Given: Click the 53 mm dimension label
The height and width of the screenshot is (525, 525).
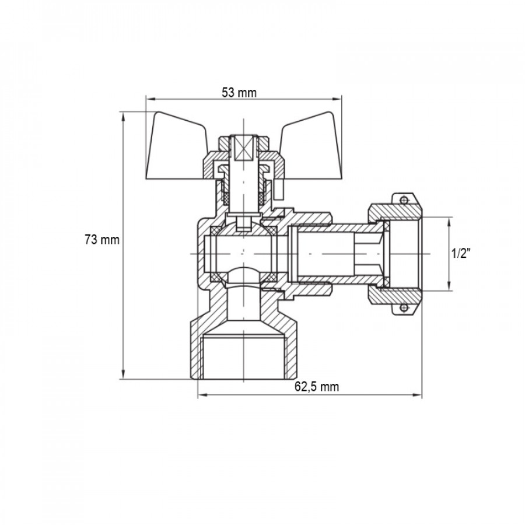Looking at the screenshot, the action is point(239,92).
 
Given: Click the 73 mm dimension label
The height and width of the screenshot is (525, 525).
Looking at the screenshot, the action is point(101,240).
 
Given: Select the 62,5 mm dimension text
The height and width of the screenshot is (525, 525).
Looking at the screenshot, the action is point(316,387).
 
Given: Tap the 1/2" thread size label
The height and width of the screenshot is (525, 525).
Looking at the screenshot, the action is point(461,254).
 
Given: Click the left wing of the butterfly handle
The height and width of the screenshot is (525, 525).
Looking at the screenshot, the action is point(176,146).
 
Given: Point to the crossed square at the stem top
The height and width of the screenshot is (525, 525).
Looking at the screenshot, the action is point(244,149).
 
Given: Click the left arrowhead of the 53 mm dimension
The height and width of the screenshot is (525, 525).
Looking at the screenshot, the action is point(150,99).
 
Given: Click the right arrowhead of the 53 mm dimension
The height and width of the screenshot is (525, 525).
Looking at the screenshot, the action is point(338,99).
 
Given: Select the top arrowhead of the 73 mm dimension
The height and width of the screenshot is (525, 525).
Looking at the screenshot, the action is point(123,117).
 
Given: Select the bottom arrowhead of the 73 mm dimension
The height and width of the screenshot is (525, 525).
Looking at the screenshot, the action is point(123,374).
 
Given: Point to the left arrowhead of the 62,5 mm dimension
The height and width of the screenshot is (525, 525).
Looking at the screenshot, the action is point(202,395).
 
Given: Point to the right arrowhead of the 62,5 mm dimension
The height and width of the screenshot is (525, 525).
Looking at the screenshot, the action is point(417,395).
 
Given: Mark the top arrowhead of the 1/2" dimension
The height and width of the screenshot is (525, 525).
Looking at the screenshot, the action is point(449,221).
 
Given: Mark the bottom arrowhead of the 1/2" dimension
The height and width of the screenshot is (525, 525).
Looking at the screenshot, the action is point(449,286).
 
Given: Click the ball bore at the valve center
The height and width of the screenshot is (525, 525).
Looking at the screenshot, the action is point(243,254).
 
